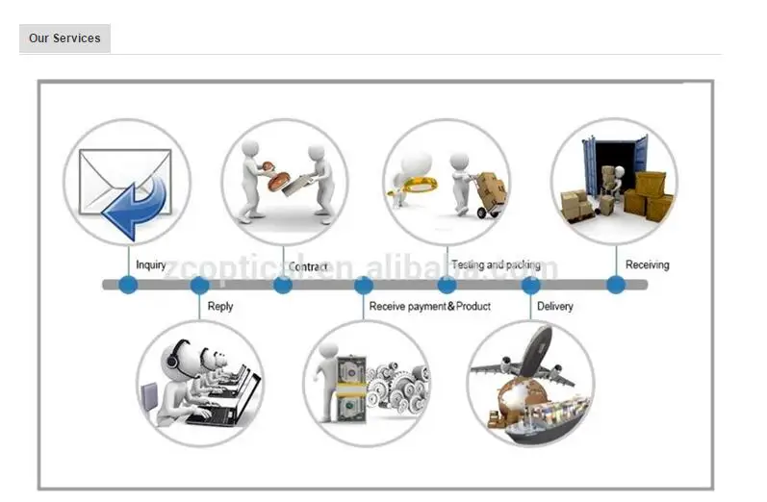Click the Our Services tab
click(64, 38)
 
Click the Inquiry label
click(151, 264)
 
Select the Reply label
click(220, 306)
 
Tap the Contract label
click(308, 266)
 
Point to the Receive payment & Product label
click(430, 306)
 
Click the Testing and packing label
click(496, 264)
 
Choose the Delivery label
click(555, 306)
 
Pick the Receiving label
click(647, 264)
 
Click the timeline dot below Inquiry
click(128, 285)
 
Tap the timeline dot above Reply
click(199, 285)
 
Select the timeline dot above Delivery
click(530, 285)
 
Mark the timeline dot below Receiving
click(615, 285)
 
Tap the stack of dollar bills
click(350, 389)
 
